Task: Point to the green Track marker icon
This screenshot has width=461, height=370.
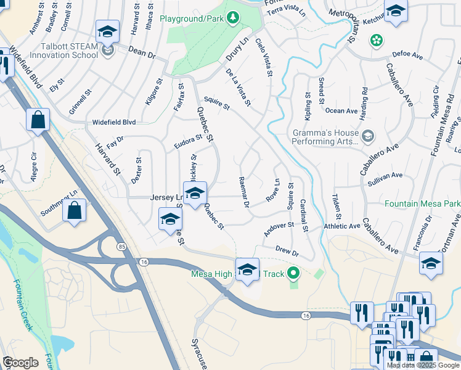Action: (x=294, y=273)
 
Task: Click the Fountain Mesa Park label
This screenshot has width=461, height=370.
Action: (x=423, y=203)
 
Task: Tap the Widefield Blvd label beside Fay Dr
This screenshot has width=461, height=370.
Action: (x=114, y=122)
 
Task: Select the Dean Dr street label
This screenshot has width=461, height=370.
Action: (x=142, y=53)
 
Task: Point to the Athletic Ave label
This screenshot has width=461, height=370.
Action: (x=342, y=226)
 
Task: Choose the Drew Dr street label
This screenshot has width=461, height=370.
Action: (x=287, y=252)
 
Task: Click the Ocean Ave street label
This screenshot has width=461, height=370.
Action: (x=341, y=111)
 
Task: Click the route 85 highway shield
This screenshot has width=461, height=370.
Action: (x=121, y=246)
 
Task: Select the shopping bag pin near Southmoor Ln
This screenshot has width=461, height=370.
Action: (x=74, y=211)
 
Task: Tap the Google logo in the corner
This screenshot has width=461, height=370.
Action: (x=20, y=363)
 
